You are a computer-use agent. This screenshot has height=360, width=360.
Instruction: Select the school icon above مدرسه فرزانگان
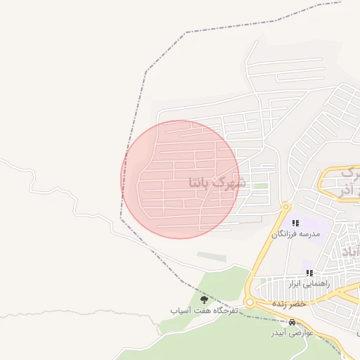[295, 222]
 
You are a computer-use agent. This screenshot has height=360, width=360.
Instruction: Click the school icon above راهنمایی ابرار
[309, 272]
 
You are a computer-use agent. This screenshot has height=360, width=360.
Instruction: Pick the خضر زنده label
[290, 303]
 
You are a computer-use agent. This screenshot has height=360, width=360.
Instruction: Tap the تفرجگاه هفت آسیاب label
[205, 310]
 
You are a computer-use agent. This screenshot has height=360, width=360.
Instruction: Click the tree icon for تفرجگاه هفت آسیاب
[204, 300]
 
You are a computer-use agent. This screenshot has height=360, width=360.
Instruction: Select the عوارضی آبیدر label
[292, 332]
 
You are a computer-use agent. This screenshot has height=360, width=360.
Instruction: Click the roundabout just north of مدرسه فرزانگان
[285, 207]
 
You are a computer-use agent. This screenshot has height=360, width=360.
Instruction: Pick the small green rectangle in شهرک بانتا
[260, 186]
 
